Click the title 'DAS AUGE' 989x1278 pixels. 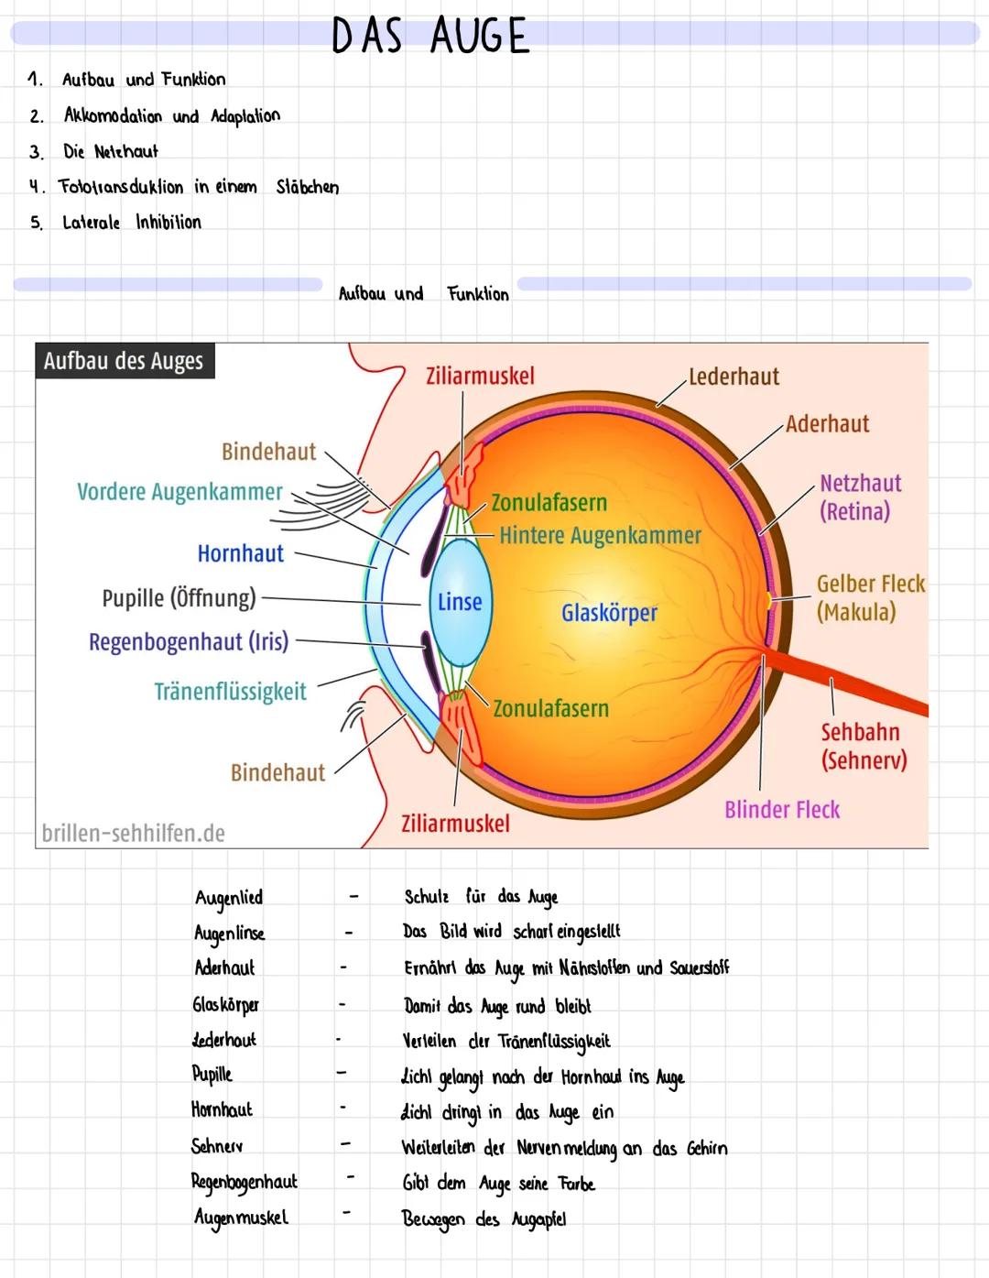[430, 37]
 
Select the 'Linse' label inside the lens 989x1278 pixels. [460, 602]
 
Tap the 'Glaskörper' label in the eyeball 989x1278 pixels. [609, 613]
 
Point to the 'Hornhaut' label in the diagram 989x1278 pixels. [241, 553]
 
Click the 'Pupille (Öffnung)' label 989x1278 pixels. [179, 598]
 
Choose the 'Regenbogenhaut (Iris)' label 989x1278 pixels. [189, 641]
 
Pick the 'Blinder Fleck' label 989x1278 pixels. [782, 810]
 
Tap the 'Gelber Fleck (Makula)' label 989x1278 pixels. [870, 597]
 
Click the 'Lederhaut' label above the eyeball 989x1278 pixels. [734, 377]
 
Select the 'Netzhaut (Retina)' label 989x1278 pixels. [860, 497]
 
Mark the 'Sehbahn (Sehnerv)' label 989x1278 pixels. [863, 746]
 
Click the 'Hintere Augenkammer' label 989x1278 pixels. [600, 535]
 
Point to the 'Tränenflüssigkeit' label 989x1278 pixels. [230, 692]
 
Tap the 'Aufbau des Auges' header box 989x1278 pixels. [124, 361]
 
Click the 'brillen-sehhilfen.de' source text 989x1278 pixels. [134, 833]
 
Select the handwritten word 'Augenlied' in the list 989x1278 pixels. [229, 898]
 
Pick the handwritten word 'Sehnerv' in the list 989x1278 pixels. [217, 1146]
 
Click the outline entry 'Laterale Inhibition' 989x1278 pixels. [131, 223]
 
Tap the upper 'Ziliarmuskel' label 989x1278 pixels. [480, 376]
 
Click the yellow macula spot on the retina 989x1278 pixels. [769, 600]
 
